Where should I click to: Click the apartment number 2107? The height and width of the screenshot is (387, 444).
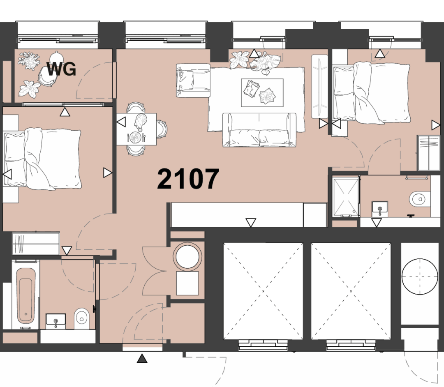[188, 179]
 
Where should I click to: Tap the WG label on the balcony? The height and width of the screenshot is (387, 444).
[61, 69]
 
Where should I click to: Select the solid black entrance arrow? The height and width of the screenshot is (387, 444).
[142, 358]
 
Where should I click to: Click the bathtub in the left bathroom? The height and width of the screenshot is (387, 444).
[25, 295]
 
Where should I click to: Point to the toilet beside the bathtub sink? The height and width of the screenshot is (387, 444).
[81, 318]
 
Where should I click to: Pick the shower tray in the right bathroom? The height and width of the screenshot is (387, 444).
[345, 197]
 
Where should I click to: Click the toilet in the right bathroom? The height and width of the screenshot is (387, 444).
[420, 199]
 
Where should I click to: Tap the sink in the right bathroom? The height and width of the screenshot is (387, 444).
[380, 209]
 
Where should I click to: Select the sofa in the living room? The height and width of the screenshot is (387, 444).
[259, 130]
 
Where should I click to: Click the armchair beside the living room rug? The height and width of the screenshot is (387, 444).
[193, 81]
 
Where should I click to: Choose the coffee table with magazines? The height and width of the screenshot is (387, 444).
[262, 93]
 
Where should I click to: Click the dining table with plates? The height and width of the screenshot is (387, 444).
[136, 129]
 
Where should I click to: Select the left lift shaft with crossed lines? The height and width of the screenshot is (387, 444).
[263, 291]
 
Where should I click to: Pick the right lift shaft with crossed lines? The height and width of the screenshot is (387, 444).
[351, 291]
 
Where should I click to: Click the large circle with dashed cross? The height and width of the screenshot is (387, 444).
[420, 276]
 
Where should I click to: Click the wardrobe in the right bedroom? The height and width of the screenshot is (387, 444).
[428, 153]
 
